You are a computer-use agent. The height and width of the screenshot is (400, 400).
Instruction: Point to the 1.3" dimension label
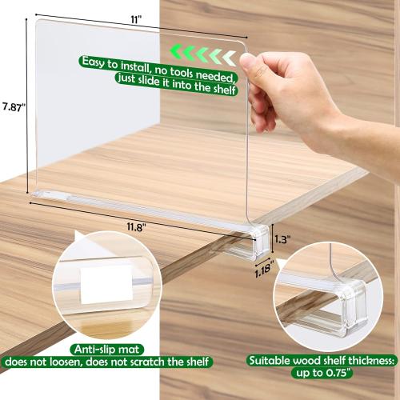coord(280,238)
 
